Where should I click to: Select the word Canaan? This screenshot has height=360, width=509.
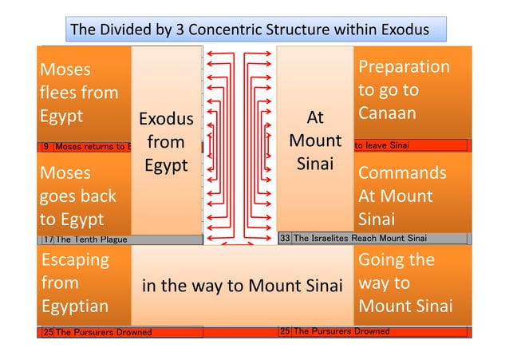[387, 113]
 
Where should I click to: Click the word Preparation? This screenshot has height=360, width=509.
[404, 67]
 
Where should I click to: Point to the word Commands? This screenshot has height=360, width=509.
[402, 173]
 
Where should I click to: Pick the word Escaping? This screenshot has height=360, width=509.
[74, 259]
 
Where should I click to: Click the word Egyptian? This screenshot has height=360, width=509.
[74, 307]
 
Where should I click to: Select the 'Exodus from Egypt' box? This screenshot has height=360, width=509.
[166, 142]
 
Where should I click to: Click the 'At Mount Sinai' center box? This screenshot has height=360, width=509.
[315, 141]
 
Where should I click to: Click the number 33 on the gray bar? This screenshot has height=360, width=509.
[285, 238]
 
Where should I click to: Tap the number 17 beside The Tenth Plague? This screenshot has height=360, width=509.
[47, 239]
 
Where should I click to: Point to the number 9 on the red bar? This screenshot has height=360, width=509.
[45, 146]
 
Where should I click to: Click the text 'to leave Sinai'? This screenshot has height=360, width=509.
[381, 145]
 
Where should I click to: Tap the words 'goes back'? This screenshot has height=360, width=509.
[78, 196]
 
